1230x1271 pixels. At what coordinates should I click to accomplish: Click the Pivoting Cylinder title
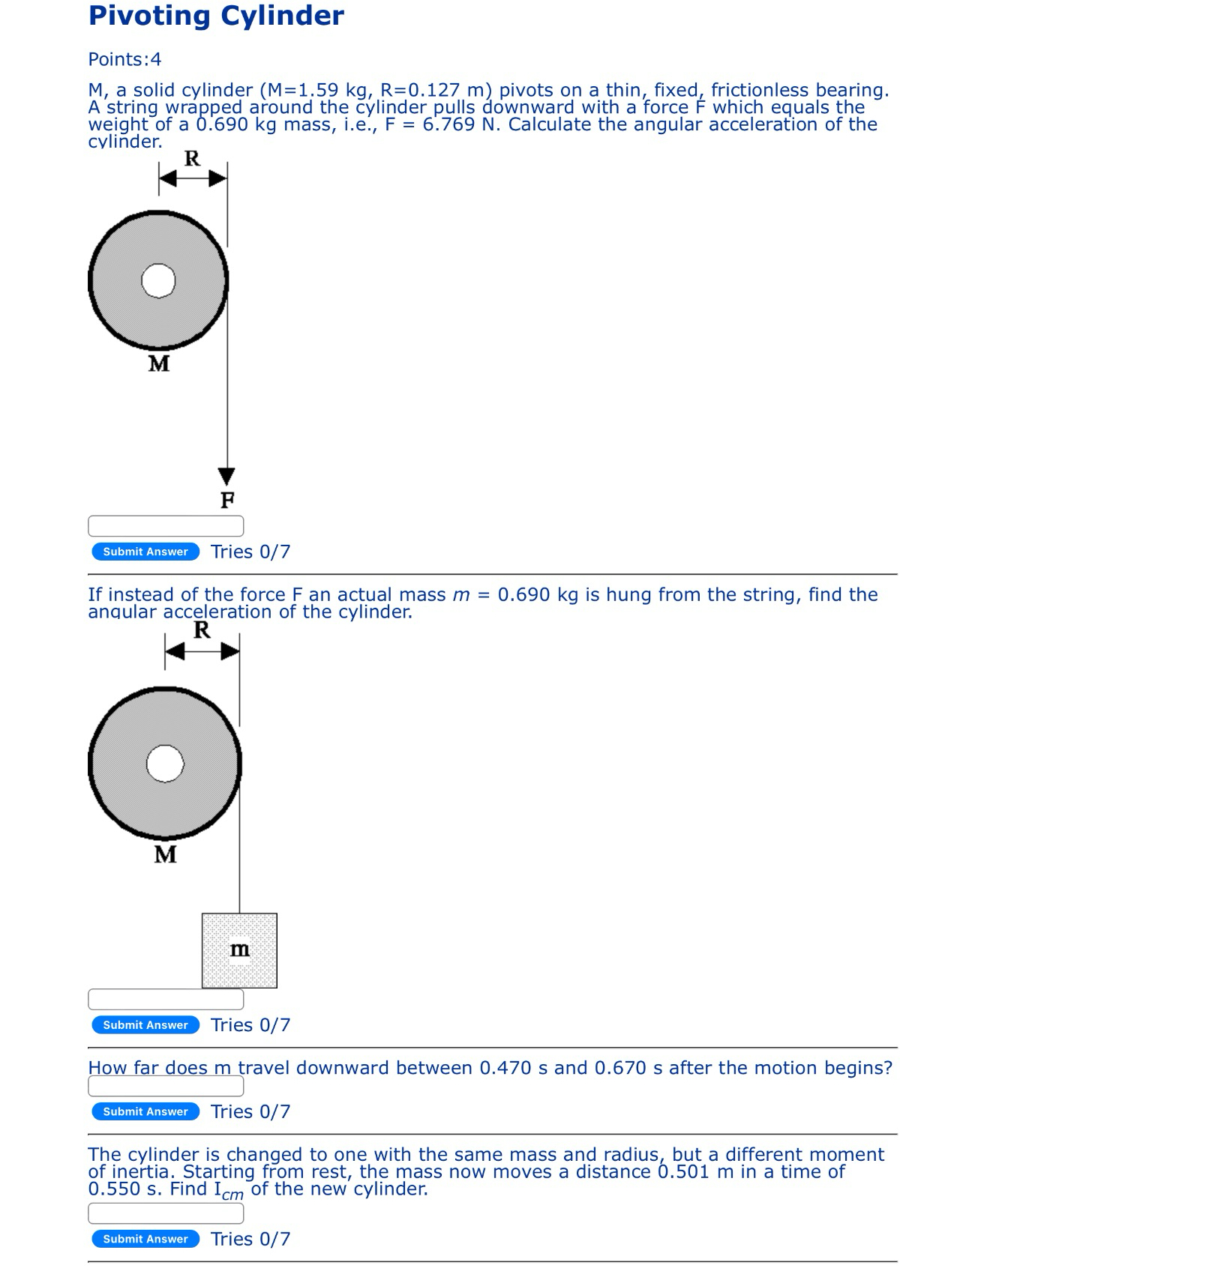[216, 16]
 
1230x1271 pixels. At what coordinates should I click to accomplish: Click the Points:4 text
[124, 59]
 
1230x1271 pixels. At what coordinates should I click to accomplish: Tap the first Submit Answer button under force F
[145, 552]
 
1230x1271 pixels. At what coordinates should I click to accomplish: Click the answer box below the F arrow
[166, 526]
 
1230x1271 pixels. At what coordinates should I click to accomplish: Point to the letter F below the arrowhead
[226, 500]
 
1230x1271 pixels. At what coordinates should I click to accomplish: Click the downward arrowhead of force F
[226, 476]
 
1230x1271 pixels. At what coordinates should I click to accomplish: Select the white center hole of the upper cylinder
[158, 281]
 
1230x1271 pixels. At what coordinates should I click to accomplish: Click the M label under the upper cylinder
[159, 363]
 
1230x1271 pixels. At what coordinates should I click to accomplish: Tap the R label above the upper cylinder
[192, 159]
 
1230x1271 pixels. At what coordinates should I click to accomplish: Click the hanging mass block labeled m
[239, 950]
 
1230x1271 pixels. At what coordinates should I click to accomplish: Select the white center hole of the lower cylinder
[165, 764]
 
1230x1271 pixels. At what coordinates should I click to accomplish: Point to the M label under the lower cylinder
[165, 854]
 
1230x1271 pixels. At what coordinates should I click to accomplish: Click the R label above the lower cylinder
[202, 630]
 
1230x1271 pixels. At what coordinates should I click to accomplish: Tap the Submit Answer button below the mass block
[145, 1025]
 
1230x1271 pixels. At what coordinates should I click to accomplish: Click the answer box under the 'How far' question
[166, 1086]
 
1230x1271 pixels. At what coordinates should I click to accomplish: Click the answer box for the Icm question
[166, 1213]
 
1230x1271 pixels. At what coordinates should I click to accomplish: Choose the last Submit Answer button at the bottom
[145, 1239]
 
